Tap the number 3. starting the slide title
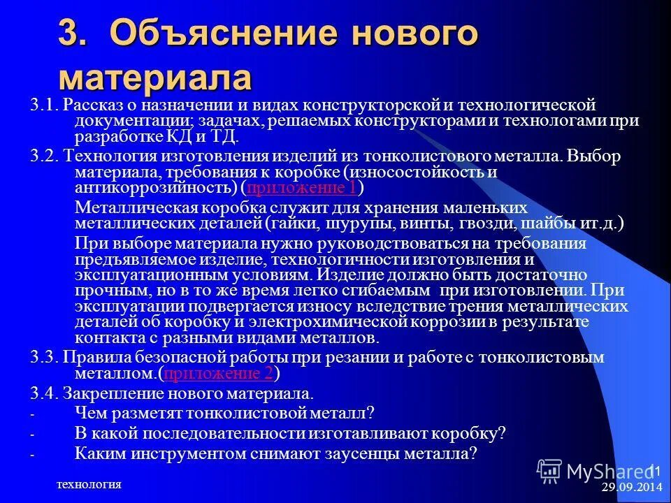pos(75,34)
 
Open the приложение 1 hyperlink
pos(302,188)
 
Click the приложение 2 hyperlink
pos(218,373)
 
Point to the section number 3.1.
pos(44,105)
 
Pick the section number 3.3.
pos(44,357)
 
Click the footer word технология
pos(89,485)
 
